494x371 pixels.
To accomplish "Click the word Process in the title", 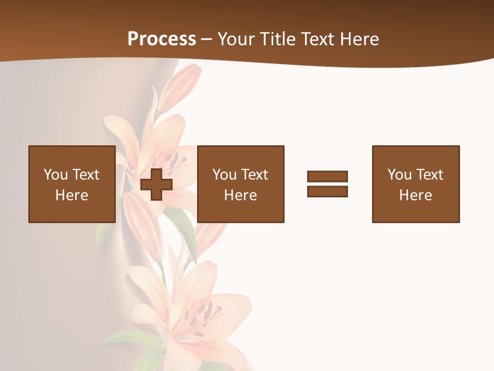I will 162,39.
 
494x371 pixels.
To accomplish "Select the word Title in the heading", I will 279,39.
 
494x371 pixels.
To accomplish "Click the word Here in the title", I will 360,39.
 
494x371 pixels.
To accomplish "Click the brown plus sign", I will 156,184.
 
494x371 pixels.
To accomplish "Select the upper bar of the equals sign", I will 327,176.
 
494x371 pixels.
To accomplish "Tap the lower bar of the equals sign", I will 327,191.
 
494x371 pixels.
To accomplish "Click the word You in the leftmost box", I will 56,175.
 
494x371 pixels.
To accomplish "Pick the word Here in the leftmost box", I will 72,195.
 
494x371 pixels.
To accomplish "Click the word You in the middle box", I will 224,175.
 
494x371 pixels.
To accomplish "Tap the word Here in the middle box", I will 240,195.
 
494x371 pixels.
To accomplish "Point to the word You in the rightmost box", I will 399,175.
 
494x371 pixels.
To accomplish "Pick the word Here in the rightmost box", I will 415,195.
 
